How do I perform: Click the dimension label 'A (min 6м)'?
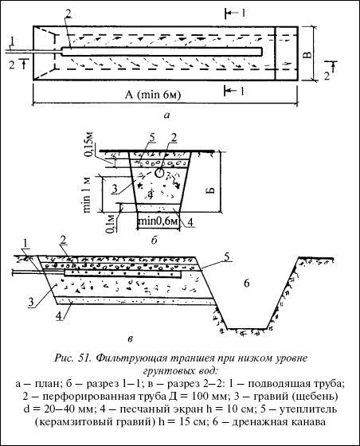(153, 95)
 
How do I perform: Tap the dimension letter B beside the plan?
(307, 54)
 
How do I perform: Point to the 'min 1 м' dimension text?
(87, 195)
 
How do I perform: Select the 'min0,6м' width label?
(158, 221)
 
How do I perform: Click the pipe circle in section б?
(158, 173)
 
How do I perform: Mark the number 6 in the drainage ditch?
(247, 283)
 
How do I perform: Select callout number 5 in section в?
(227, 256)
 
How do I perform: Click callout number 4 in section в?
(59, 316)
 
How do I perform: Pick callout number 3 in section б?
(115, 189)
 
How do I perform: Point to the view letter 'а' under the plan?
(166, 115)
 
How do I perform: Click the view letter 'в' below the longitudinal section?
(130, 338)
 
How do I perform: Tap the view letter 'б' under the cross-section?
(154, 241)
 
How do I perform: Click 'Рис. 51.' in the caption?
(72, 358)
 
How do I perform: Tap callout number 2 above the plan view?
(68, 11)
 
